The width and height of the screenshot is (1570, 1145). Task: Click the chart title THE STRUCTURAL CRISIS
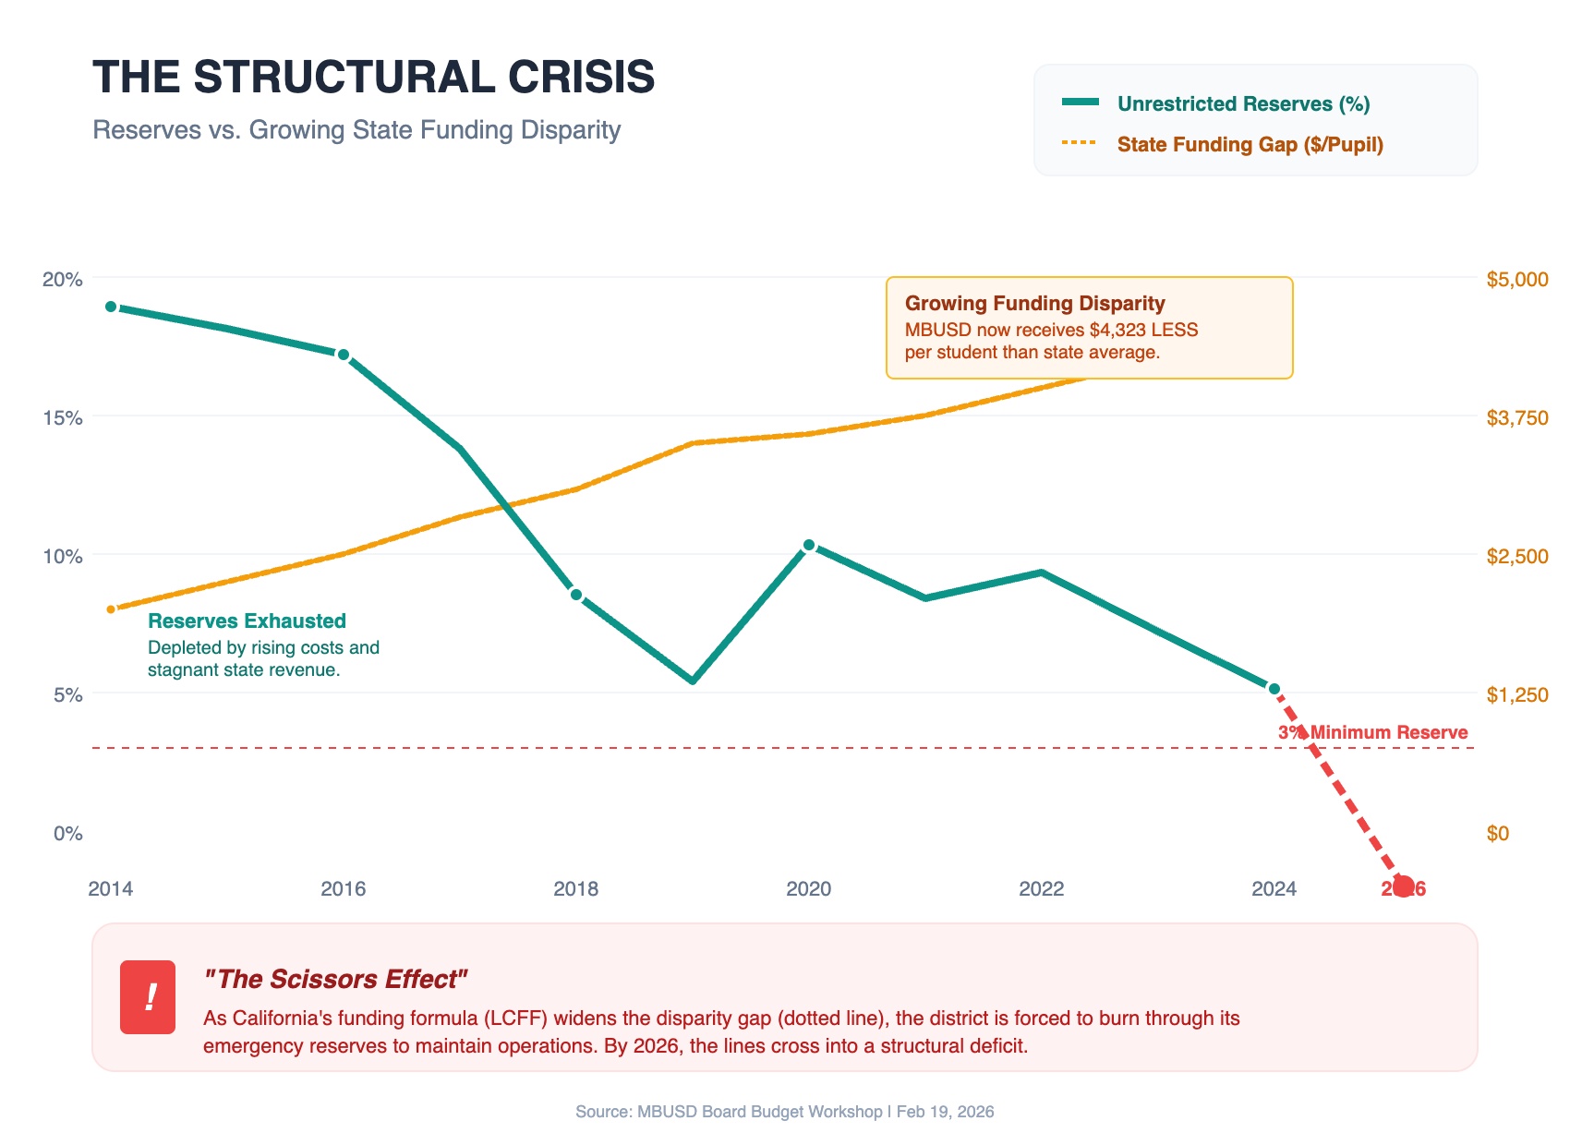point(373,77)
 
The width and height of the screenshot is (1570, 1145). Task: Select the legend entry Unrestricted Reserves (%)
point(1243,103)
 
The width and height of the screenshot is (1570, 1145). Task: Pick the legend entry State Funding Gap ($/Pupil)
point(1250,144)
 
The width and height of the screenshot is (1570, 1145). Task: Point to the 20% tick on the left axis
point(63,279)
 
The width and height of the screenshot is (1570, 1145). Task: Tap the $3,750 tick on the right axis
point(1516,417)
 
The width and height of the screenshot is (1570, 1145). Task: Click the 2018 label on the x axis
point(575,889)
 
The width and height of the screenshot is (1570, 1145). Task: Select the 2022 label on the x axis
point(1041,889)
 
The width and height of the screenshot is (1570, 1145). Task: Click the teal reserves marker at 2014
point(111,307)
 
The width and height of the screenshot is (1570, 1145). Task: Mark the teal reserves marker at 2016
point(344,355)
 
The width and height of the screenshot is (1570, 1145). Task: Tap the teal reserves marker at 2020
point(809,545)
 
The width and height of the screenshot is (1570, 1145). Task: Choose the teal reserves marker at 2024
point(1274,689)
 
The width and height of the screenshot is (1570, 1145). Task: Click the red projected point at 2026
point(1403,886)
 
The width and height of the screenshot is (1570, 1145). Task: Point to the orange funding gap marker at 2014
point(111,609)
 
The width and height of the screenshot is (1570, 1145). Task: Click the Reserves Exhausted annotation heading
point(247,621)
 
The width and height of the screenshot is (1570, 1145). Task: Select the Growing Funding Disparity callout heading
point(1034,304)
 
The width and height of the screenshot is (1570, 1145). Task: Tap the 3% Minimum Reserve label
point(1372,732)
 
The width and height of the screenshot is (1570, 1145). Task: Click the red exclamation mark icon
point(148,997)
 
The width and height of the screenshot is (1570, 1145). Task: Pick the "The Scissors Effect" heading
point(335,979)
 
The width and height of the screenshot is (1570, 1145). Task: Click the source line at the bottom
point(784,1112)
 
